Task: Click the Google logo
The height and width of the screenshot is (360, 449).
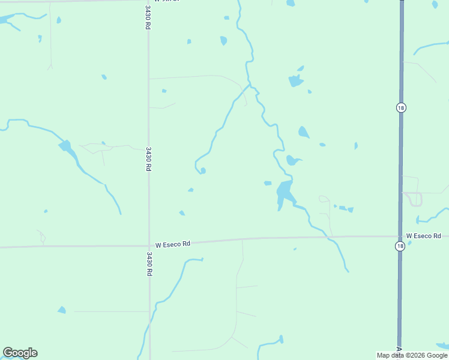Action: click(x=20, y=353)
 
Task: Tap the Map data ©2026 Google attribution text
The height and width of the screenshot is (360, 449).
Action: click(x=412, y=355)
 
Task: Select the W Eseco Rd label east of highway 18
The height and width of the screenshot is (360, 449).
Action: click(x=423, y=236)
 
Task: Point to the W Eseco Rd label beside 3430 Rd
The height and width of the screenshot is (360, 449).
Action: click(x=172, y=244)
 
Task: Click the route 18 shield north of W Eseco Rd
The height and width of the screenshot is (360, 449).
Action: click(x=400, y=107)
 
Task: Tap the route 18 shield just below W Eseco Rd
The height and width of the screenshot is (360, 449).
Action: click(x=400, y=247)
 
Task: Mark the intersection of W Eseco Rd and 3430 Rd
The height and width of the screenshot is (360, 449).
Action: click(x=149, y=244)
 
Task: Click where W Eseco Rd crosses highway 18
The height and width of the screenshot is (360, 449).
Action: click(x=400, y=236)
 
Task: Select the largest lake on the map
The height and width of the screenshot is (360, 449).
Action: click(x=284, y=193)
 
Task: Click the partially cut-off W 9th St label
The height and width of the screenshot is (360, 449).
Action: click(x=170, y=1)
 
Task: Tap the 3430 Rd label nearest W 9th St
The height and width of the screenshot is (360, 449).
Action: click(x=148, y=17)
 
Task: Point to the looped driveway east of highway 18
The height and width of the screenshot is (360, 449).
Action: click(x=415, y=199)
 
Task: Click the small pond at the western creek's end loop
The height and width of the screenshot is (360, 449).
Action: click(x=203, y=170)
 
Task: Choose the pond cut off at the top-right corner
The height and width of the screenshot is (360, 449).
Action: click(x=435, y=4)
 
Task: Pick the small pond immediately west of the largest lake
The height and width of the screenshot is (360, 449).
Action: click(x=268, y=183)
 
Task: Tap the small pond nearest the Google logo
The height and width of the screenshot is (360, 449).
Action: click(x=61, y=310)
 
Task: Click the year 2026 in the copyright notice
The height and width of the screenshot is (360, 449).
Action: click(x=409, y=355)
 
